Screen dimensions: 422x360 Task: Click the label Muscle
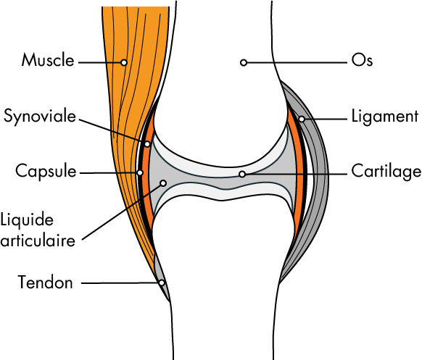[48, 60]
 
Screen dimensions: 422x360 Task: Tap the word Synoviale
[40, 117]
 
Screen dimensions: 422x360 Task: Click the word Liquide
[27, 220]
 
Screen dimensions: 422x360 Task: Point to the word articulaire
[38, 240]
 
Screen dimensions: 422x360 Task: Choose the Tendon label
[45, 282]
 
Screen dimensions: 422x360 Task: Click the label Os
[362, 60]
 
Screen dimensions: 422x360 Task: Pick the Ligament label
[385, 117]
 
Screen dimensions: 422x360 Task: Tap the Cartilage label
[386, 172]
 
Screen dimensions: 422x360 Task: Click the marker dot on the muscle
[124, 62]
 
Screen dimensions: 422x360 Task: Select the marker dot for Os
[244, 62]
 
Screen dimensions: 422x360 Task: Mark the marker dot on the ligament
[302, 119]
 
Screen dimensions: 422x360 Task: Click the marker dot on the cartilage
[242, 175]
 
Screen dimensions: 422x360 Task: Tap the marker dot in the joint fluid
[163, 183]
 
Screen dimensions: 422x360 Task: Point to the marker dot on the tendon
[162, 282]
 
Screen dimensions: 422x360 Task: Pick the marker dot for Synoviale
[147, 144]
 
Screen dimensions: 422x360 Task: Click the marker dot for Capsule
[140, 172]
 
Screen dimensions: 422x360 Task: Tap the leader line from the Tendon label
[120, 282]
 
